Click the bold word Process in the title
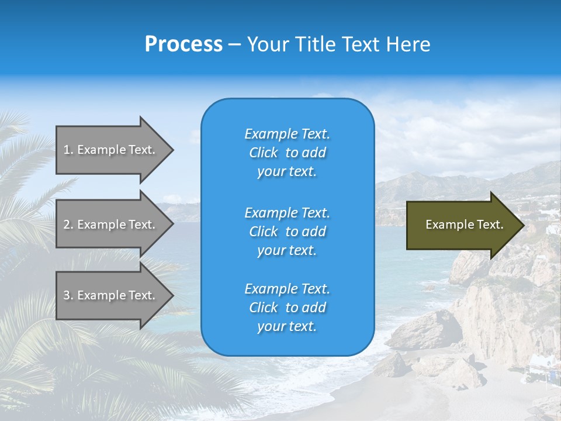[183, 44]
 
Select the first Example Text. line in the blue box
[287, 134]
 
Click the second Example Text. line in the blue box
[287, 212]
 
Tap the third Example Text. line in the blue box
[287, 289]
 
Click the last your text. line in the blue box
[287, 327]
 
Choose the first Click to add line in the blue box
[287, 153]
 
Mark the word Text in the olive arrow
[491, 225]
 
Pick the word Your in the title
[265, 44]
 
